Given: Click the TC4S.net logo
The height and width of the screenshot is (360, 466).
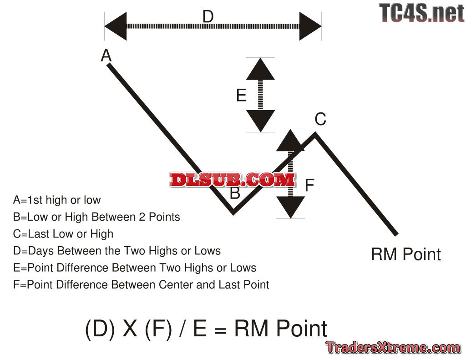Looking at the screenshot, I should [421, 13].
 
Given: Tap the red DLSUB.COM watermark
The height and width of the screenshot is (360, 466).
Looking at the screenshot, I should [232, 180].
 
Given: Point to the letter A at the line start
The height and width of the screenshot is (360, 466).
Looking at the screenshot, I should [106, 56].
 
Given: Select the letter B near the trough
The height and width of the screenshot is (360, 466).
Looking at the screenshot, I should [235, 193].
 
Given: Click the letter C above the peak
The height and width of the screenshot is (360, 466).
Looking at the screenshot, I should [320, 119].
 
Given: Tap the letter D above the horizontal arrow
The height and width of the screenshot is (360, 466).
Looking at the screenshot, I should [208, 17].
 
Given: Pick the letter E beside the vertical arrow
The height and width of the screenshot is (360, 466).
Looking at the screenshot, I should [241, 96].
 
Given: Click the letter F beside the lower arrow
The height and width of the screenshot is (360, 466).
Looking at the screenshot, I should [309, 186].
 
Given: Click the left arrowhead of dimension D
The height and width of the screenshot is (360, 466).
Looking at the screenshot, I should [116, 26].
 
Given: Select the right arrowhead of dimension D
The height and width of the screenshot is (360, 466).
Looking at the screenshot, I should [310, 26].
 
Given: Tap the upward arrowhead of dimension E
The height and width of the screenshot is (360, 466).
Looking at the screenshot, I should [260, 69].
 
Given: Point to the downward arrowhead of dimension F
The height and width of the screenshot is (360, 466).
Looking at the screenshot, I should [291, 208].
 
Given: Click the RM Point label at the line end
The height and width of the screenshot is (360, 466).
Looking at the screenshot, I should [406, 254].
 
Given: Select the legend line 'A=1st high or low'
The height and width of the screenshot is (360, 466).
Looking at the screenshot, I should [57, 200].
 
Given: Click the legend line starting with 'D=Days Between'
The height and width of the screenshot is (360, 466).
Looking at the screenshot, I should [117, 251].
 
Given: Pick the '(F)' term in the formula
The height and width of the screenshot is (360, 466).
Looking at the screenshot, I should [158, 329].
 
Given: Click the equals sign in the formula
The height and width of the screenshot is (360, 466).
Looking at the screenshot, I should [220, 330].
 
